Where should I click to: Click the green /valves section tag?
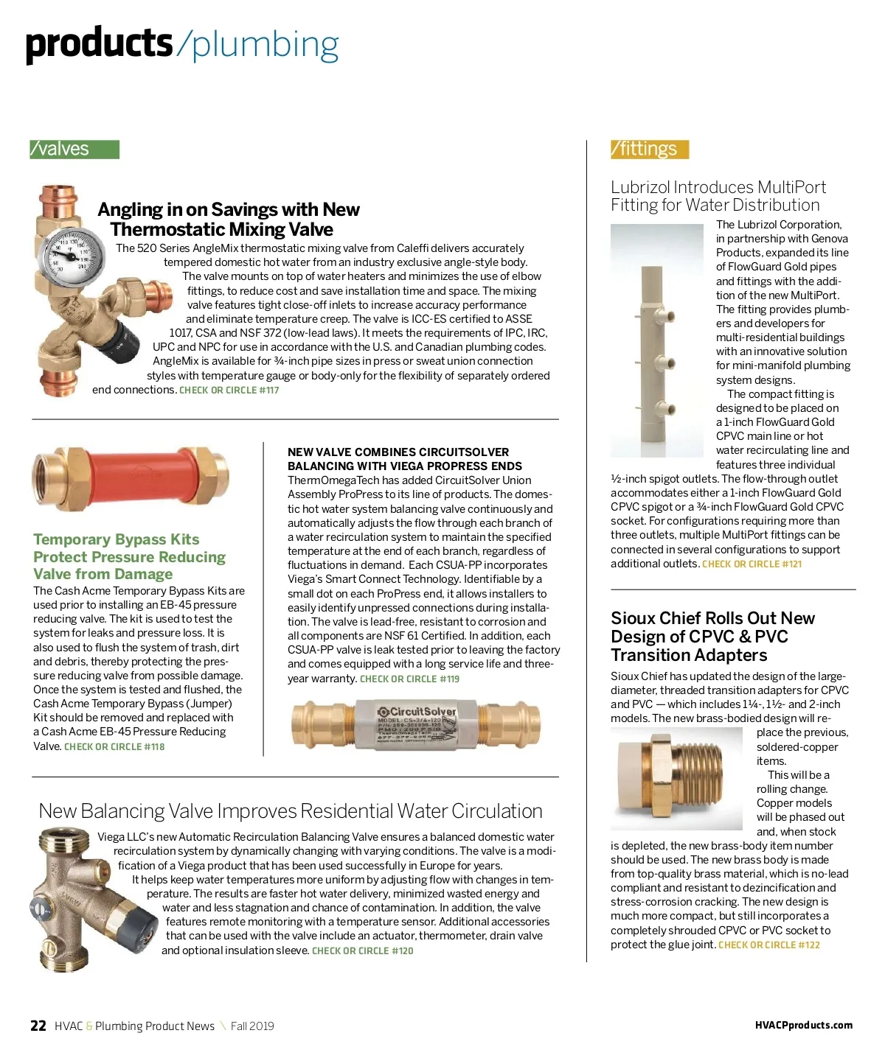[x=74, y=150]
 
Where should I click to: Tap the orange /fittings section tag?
[x=649, y=150]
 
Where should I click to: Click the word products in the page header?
[x=99, y=44]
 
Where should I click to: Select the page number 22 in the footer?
[x=38, y=1026]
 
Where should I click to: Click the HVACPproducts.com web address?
[x=803, y=1025]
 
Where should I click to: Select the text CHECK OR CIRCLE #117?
[x=229, y=390]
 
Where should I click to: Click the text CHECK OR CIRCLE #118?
[x=114, y=746]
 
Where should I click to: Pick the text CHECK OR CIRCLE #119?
[x=409, y=679]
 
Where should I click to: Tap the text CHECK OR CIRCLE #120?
[x=362, y=950]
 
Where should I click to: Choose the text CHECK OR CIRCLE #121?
[x=752, y=564]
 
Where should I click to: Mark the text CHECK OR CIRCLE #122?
[x=768, y=945]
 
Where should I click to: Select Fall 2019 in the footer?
[x=252, y=1026]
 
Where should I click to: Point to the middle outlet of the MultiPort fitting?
[x=671, y=363]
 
